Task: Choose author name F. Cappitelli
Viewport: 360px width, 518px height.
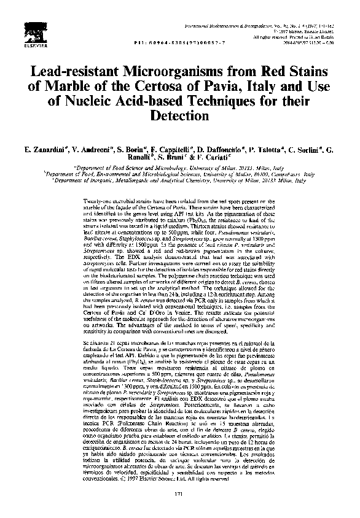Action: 168,150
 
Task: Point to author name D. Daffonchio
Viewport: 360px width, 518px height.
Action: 219,150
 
